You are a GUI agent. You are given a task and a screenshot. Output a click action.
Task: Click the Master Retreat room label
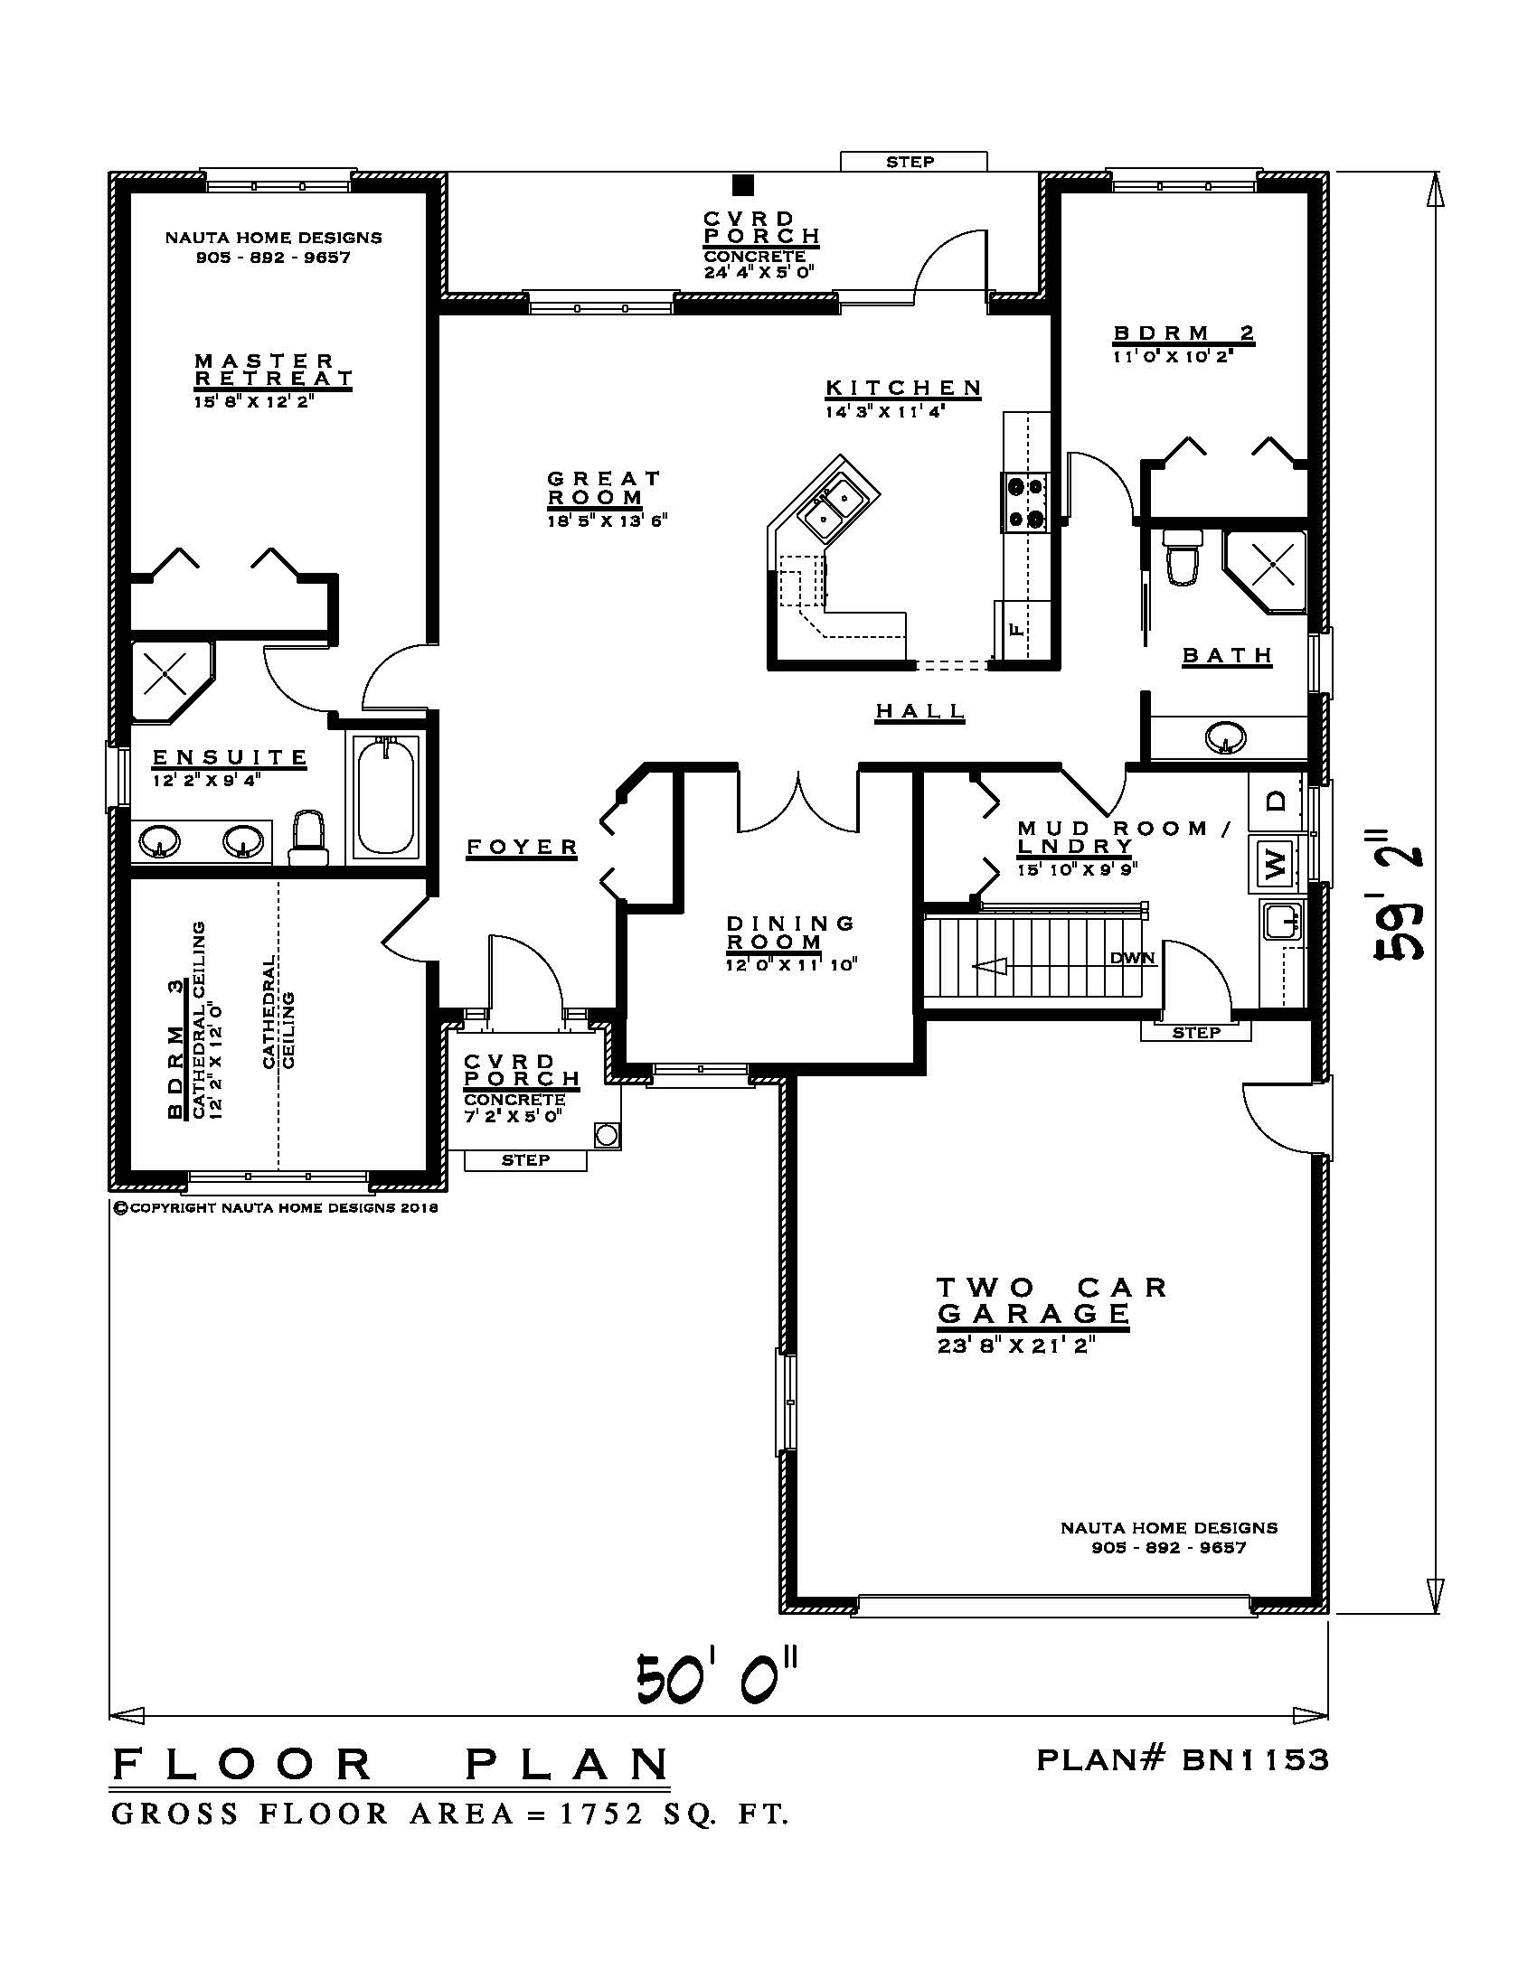click(x=273, y=370)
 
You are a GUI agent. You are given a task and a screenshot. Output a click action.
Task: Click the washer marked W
click(x=1275, y=860)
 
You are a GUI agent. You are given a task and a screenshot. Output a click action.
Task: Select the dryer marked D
click(x=1277, y=801)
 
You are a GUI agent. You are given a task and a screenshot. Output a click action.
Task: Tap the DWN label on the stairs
click(x=1132, y=958)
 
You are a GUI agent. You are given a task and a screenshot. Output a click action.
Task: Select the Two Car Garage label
click(x=1051, y=1299)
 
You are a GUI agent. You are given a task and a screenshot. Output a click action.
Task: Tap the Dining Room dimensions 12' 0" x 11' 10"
click(x=792, y=964)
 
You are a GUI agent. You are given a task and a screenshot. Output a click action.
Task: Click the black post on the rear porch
click(x=744, y=185)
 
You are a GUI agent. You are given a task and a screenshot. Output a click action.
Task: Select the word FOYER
click(x=523, y=847)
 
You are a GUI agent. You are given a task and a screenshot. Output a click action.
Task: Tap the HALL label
click(x=919, y=710)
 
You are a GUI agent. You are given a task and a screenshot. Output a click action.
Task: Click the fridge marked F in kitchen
click(x=1017, y=627)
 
